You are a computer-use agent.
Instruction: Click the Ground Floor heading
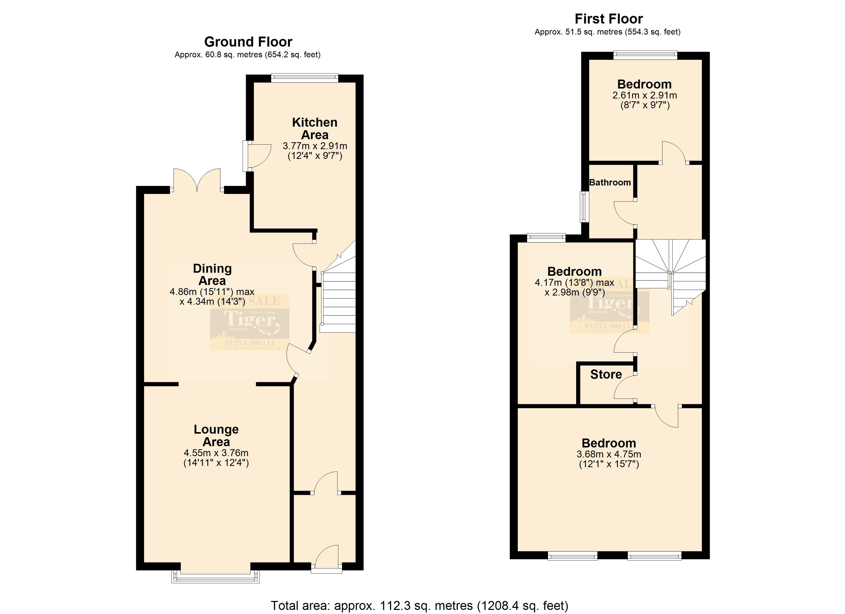(248, 42)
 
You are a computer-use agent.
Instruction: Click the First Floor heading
(608, 19)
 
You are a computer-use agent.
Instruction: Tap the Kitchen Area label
(314, 128)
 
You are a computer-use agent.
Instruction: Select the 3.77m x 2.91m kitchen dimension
(314, 146)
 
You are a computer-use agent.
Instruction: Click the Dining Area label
(212, 275)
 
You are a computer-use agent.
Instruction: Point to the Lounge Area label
(216, 435)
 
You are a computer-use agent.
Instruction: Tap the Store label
(606, 374)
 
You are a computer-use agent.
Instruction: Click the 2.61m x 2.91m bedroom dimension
(645, 95)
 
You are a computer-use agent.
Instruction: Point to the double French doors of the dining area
(197, 181)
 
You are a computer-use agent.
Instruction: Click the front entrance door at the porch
(326, 558)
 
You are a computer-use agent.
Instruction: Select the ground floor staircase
(338, 294)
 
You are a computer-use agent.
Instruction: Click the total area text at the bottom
(419, 606)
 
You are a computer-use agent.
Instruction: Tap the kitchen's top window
(304, 78)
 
